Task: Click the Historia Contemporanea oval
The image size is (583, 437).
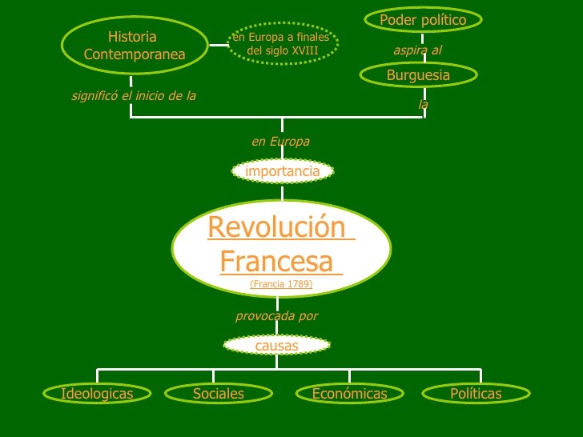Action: pos(134,46)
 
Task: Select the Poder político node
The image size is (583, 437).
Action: pos(423,19)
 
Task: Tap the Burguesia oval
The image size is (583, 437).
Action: pos(418,75)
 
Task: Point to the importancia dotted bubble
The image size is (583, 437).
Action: pos(282,171)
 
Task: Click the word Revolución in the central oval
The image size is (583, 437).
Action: pos(280,227)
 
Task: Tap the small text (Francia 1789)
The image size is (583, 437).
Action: pos(281,284)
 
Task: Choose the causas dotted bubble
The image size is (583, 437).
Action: pos(276,346)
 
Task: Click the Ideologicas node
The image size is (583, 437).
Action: pos(97,394)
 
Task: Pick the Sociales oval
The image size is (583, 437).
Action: pos(218,394)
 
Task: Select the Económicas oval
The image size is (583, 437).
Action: pos(349,394)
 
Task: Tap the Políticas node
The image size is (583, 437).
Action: pos(476,394)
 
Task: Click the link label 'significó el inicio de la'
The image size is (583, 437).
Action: pos(134,96)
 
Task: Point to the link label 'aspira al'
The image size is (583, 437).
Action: pos(417,50)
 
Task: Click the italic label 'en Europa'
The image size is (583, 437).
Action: pos(280,142)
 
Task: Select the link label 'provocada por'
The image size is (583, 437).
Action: pos(276,316)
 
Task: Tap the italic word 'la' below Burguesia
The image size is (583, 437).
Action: pos(423,104)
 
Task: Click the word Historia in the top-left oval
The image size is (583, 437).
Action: pos(132,37)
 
